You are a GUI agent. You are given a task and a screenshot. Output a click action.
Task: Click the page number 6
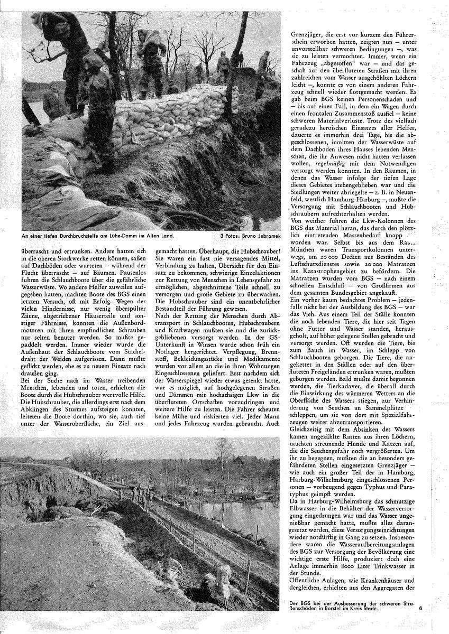(420, 608)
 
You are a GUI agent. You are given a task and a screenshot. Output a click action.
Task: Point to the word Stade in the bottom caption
(370, 609)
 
